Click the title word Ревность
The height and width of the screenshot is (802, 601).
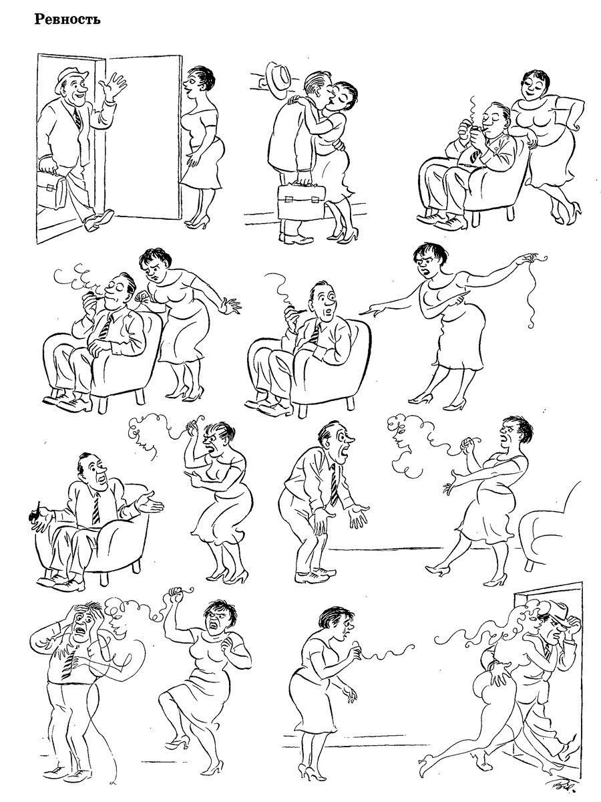tap(67, 19)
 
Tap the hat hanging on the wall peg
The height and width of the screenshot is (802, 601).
tap(278, 80)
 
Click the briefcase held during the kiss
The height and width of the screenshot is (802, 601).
tap(301, 202)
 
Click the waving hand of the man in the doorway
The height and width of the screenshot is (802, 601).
tap(114, 85)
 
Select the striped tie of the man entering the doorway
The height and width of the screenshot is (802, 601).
tap(77, 118)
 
